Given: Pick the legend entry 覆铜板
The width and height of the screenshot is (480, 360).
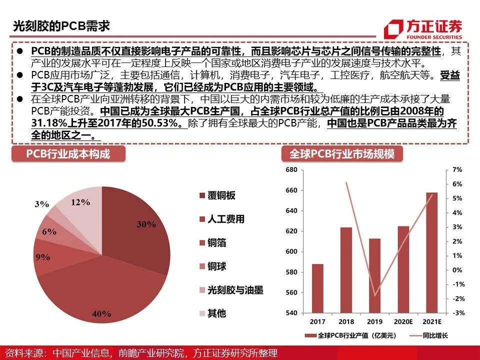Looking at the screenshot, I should [x=220, y=195].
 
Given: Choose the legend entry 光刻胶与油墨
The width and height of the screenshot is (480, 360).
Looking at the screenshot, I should [x=234, y=289].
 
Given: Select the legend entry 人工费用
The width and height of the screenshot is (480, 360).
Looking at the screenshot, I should [x=225, y=219].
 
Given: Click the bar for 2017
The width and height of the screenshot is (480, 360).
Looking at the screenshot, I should [x=318, y=288].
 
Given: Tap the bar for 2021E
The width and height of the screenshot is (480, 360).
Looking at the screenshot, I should [x=432, y=252].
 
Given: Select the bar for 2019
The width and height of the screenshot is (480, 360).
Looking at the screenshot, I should [x=375, y=275].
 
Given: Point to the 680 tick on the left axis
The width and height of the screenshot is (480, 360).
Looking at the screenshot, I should [x=291, y=170].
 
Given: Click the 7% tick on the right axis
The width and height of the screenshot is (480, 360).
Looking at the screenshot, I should [x=457, y=170].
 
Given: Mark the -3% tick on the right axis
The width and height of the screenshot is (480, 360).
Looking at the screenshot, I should [x=458, y=313].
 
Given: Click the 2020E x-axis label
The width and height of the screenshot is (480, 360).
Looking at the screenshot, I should [x=403, y=321].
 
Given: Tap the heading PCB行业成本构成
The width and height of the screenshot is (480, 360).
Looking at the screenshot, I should [x=68, y=153].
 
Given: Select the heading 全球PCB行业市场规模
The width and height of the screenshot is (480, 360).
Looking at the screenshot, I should [x=342, y=153].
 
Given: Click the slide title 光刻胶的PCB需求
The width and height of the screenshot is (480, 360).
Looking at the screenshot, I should [x=61, y=26].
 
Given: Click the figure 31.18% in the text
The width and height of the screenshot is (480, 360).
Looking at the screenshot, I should [x=48, y=123].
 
